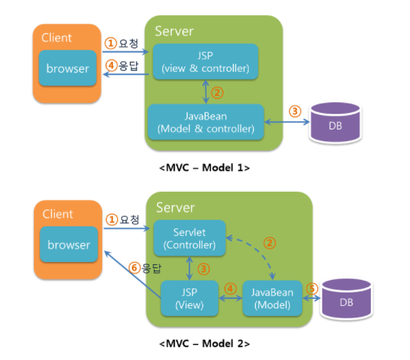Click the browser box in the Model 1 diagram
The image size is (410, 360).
tap(68, 68)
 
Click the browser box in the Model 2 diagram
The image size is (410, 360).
tap(69, 244)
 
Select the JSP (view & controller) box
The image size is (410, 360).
tap(205, 62)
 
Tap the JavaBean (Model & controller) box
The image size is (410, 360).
tap(206, 122)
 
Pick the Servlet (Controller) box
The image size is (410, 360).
tap(190, 238)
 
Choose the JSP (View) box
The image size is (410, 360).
tap(190, 298)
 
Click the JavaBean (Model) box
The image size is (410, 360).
tap(272, 298)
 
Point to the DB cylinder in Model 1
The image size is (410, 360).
tap(335, 123)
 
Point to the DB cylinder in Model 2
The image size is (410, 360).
tap(347, 299)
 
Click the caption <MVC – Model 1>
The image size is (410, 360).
tap(205, 168)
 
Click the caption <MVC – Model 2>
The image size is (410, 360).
tap(205, 344)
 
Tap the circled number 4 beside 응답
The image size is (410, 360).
tap(112, 65)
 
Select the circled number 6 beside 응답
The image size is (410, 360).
tap(134, 268)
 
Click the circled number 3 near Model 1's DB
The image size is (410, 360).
tap(295, 111)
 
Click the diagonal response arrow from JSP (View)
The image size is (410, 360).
tap(132, 274)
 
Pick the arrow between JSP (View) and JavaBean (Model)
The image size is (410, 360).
tap(231, 298)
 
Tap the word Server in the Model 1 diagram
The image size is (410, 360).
tap(174, 31)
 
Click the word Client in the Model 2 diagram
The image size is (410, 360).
tap(58, 214)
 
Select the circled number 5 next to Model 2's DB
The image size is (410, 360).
tap(312, 289)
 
